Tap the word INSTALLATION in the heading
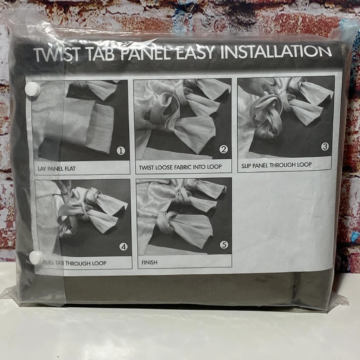(x=276, y=52)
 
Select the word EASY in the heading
(x=195, y=53)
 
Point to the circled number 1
(x=121, y=150)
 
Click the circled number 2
(x=224, y=149)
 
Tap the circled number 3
(x=325, y=146)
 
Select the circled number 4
(x=123, y=247)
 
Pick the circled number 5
(x=224, y=245)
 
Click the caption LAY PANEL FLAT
(x=57, y=169)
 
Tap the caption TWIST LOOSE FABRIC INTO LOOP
(x=180, y=167)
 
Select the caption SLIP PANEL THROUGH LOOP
(x=276, y=165)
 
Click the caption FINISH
(x=149, y=262)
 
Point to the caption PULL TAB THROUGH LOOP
(x=75, y=263)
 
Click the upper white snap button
(x=32, y=89)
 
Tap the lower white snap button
(x=36, y=257)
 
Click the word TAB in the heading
(x=100, y=55)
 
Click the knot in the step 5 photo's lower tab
(x=166, y=221)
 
